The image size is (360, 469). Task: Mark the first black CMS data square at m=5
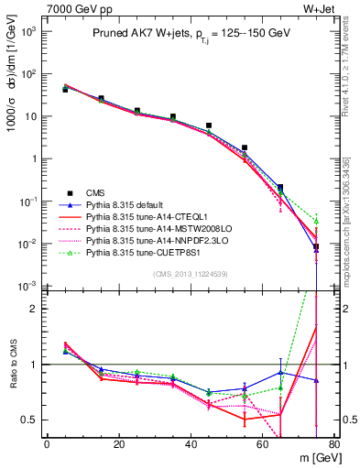(65, 90)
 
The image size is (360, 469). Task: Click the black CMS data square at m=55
(245, 147)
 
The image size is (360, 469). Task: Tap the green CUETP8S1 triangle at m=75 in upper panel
(316, 221)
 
